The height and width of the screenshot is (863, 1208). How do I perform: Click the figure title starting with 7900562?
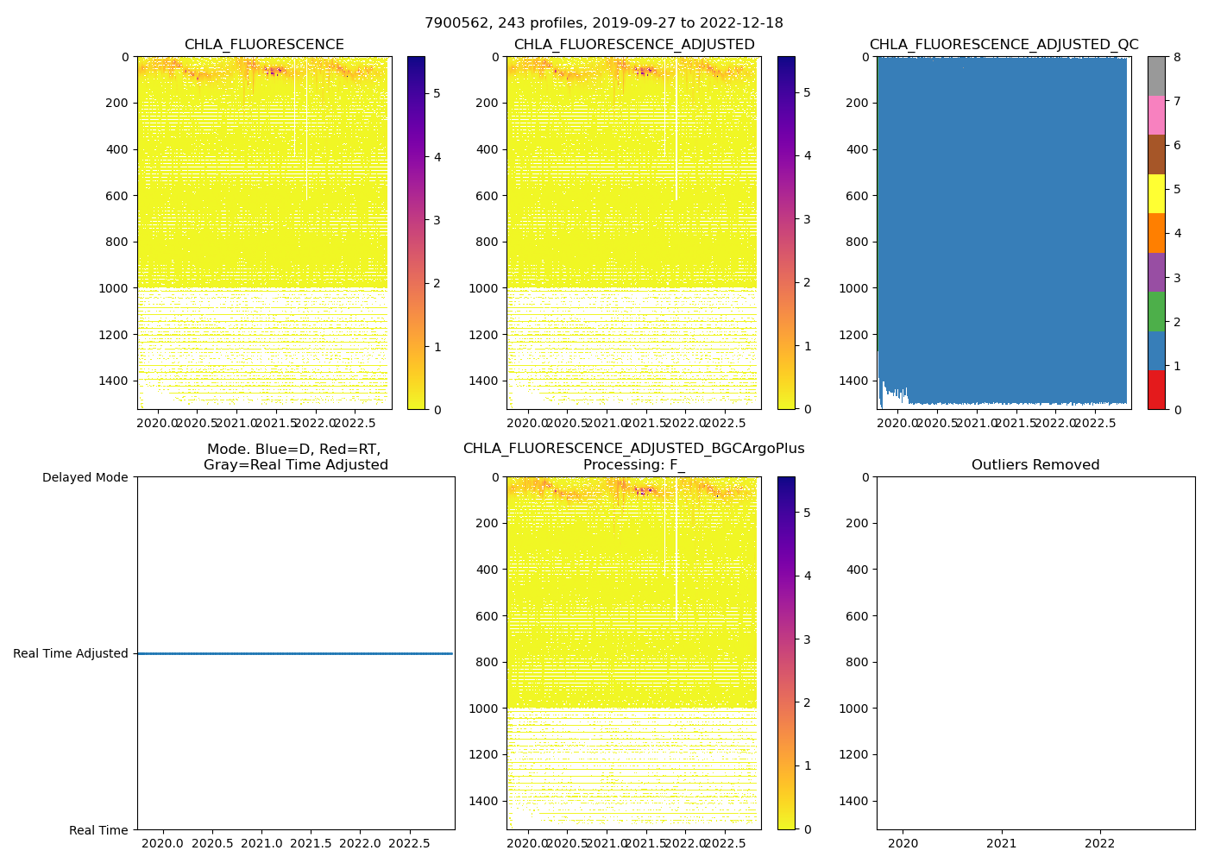(x=604, y=23)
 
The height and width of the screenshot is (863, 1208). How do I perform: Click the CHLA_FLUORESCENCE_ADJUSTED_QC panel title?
(x=1004, y=45)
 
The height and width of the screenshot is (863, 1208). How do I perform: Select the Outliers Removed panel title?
(x=1035, y=465)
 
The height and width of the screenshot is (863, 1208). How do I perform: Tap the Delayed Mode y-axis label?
(x=85, y=477)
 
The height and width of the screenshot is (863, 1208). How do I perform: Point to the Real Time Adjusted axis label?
(x=71, y=653)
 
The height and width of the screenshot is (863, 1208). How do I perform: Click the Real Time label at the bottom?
(x=98, y=830)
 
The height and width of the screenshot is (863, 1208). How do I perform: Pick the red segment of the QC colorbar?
(x=1156, y=390)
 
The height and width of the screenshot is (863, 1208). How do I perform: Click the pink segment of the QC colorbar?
(x=1156, y=115)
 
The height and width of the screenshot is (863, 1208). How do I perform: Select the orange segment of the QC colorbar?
(x=1156, y=233)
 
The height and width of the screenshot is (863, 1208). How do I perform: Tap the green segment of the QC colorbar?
(x=1156, y=312)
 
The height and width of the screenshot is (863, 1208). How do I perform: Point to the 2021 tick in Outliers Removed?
(x=1002, y=843)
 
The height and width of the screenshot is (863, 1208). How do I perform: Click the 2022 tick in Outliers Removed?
(x=1100, y=843)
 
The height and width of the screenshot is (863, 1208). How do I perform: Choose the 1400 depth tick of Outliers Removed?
(x=855, y=801)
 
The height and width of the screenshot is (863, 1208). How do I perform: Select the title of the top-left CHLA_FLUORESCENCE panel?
(x=264, y=45)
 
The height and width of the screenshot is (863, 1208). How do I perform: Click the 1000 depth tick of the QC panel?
(x=855, y=288)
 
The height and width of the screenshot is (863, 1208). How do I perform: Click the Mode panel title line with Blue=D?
(x=293, y=449)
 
